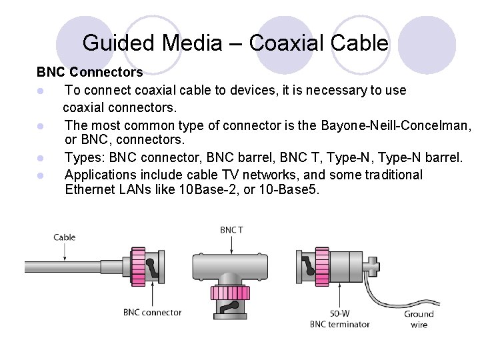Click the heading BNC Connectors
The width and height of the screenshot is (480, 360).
(89, 71)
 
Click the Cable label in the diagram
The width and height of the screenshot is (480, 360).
(65, 237)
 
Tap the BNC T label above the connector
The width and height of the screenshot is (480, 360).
(231, 230)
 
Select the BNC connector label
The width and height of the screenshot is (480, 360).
(152, 312)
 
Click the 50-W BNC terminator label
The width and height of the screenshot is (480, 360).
(340, 319)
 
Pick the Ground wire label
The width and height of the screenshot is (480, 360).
(419, 319)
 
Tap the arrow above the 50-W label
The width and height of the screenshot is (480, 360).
(340, 293)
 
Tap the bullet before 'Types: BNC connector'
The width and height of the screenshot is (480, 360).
(41, 158)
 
